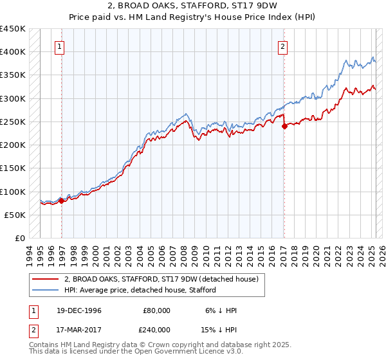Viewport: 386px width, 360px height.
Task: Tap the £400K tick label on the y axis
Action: tap(13, 52)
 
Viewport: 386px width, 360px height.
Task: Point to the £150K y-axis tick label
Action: tap(13, 168)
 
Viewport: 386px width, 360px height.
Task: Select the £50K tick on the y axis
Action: tap(15, 215)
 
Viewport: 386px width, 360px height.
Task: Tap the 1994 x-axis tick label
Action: tap(29, 255)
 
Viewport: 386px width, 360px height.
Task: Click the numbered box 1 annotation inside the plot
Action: tap(59, 46)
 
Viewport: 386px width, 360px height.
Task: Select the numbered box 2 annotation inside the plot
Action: tap(283, 46)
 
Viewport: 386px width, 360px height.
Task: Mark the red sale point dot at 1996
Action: tap(62, 201)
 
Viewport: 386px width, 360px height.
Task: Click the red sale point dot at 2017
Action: tap(284, 126)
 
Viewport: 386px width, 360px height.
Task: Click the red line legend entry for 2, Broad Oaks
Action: tap(161, 279)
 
